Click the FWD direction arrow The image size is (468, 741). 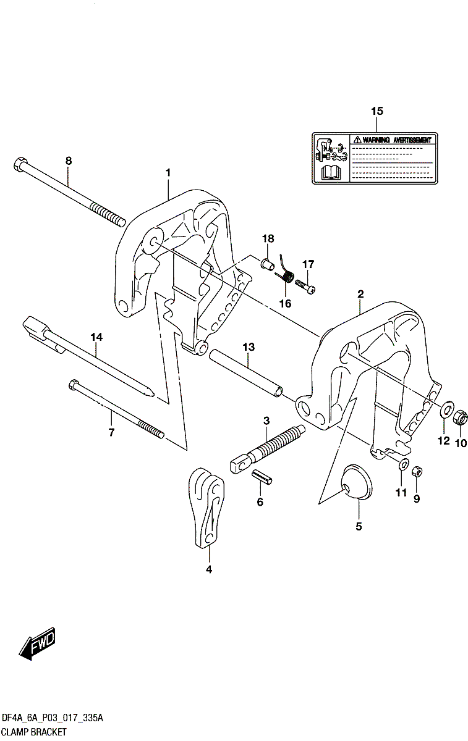pos(38,644)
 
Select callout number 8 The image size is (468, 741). pos(69,161)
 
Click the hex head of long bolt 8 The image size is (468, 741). pos(19,165)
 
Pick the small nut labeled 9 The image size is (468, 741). pos(417,471)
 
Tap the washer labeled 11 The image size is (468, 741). pos(402,464)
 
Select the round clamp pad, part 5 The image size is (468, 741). pos(355,482)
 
